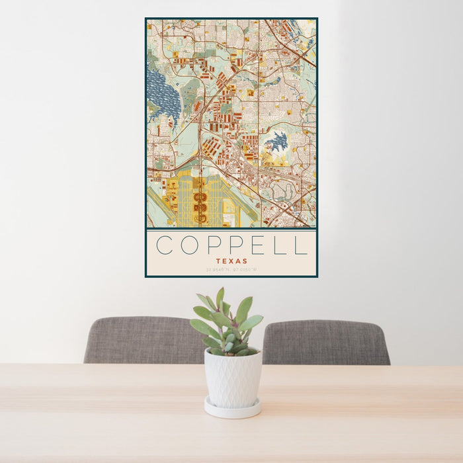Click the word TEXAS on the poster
pos(232,261)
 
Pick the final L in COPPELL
pos(301,245)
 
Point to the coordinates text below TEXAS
pos(232,270)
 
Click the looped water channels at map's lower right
pos(284,191)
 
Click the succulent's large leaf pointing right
pos(252,322)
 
